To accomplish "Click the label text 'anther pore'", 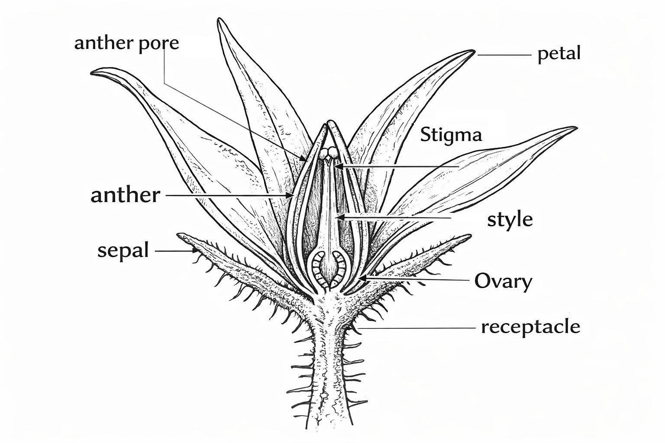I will [x=126, y=43].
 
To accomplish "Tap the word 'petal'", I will [x=558, y=54].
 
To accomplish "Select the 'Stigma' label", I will [x=451, y=135].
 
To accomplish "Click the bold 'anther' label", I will [x=125, y=195].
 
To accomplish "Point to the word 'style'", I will [x=510, y=220].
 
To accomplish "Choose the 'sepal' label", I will [x=123, y=250].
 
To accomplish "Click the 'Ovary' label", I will [x=503, y=281].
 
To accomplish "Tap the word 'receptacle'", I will [x=530, y=327].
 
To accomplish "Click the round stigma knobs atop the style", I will [x=329, y=152].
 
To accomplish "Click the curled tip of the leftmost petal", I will [x=94, y=72].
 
